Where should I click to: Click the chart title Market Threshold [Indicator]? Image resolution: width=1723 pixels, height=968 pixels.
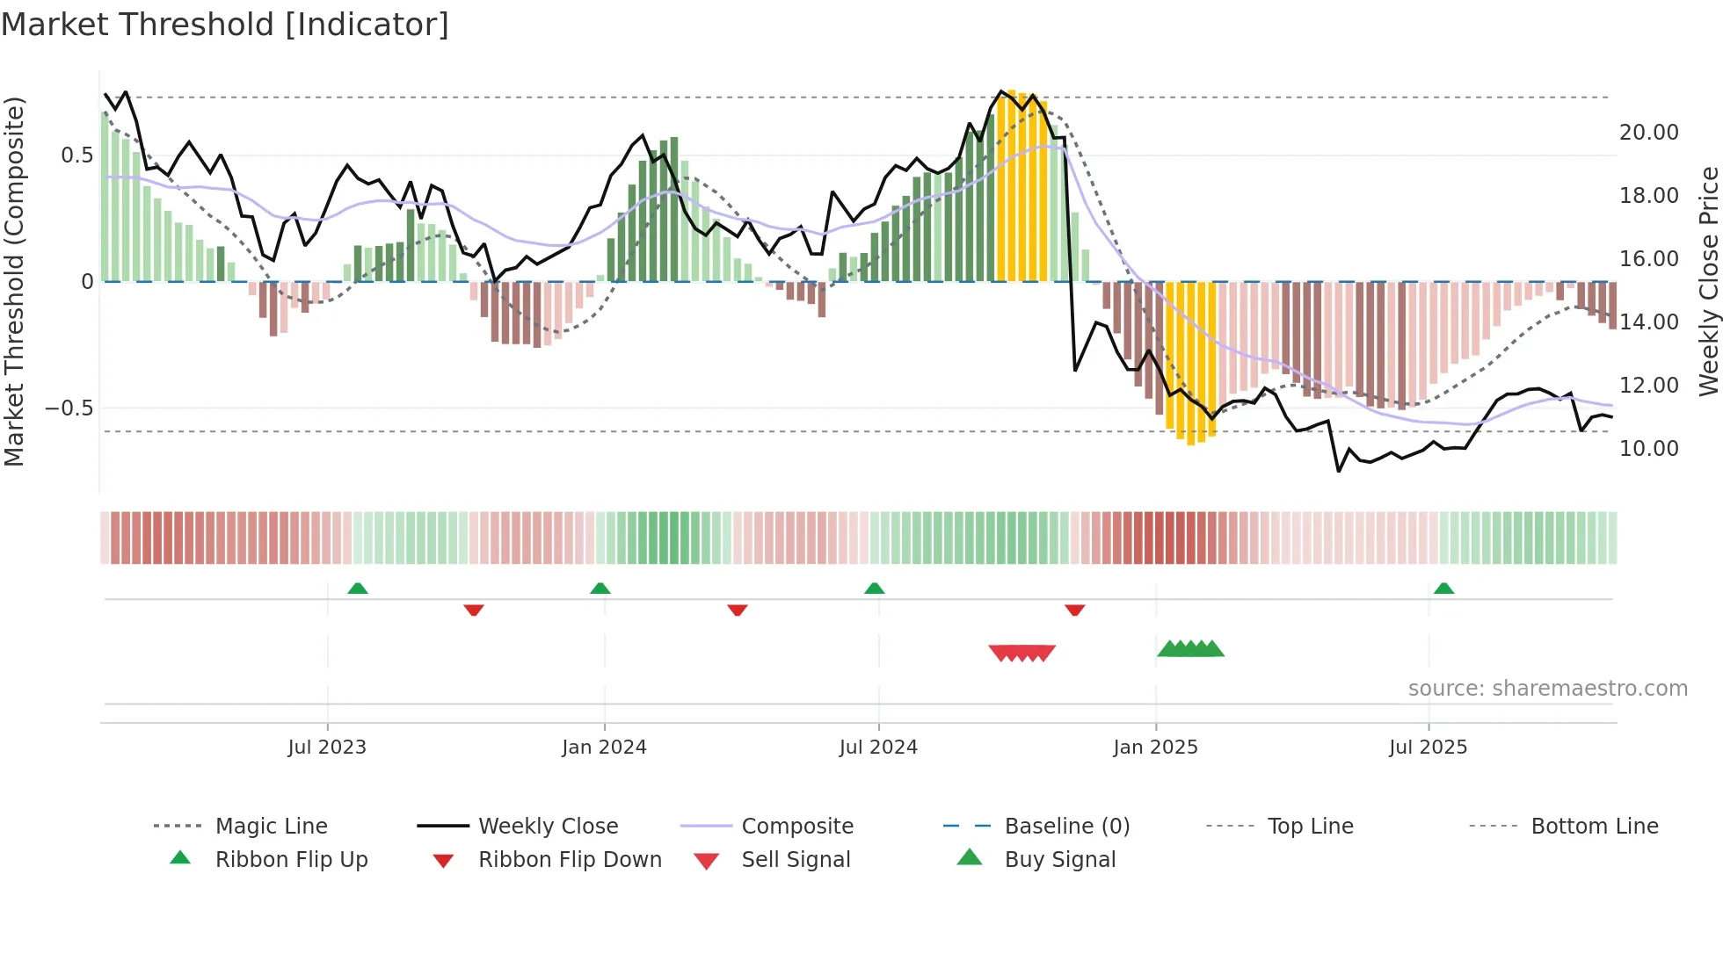pyautogui.click(x=225, y=25)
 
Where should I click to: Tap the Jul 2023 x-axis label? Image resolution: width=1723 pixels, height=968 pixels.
pyautogui.click(x=327, y=748)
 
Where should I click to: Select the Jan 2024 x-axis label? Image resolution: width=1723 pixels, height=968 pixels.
pyautogui.click(x=604, y=748)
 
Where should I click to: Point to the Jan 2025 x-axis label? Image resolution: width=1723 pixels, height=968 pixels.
pyautogui.click(x=1155, y=748)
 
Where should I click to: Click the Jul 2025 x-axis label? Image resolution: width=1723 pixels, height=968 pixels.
pyautogui.click(x=1428, y=748)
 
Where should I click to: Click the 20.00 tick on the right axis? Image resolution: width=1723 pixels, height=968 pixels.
pyautogui.click(x=1648, y=133)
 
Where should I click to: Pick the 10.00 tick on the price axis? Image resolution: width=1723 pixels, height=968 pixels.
pyautogui.click(x=1648, y=449)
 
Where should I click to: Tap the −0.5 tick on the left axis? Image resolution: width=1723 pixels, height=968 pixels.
pyautogui.click(x=69, y=408)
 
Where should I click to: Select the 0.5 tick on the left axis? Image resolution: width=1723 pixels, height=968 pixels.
pyautogui.click(x=76, y=155)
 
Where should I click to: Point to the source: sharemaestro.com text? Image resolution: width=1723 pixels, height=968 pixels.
pyautogui.click(x=1547, y=689)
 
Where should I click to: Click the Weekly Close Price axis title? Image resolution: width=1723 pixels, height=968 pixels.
pyautogui.click(x=1708, y=281)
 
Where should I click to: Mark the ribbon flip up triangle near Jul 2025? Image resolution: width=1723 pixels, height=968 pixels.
pyautogui.click(x=1443, y=589)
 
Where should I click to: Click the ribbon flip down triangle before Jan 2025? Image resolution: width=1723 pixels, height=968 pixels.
pyautogui.click(x=1074, y=610)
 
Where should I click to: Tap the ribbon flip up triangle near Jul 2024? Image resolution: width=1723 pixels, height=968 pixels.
pyautogui.click(x=874, y=589)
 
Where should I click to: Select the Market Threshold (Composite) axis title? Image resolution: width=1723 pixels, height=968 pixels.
pyautogui.click(x=14, y=281)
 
